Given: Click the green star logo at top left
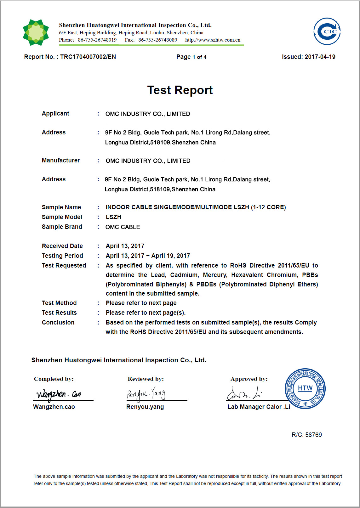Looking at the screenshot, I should (x=36, y=32).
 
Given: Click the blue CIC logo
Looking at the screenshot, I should (x=327, y=31).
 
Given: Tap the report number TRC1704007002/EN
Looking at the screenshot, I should (x=88, y=57).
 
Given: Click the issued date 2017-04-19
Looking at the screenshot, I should (x=320, y=57).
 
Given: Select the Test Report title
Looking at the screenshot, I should (x=180, y=90).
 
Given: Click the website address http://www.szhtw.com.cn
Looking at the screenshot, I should (x=213, y=40).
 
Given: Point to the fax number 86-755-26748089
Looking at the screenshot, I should (x=157, y=40).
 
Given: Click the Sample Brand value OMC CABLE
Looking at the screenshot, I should (x=123, y=227).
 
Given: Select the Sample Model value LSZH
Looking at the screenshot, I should (x=113, y=217).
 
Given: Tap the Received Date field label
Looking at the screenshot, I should (x=62, y=246).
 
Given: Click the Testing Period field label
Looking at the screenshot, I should (x=62, y=256).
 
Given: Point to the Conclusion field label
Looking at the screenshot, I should (x=58, y=323).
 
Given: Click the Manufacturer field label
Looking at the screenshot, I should (x=61, y=161).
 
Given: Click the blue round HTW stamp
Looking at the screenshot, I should (x=305, y=389).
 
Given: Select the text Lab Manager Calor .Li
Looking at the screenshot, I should (x=259, y=407).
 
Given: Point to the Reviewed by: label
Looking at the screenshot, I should (x=146, y=379).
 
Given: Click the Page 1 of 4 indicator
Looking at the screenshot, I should (x=191, y=57).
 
